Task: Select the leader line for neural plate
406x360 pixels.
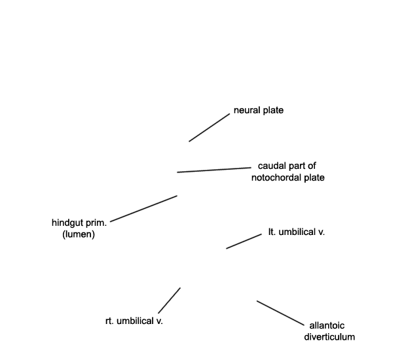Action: (x=209, y=128)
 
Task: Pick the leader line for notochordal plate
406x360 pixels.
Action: (x=214, y=170)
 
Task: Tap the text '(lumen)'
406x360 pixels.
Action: (x=79, y=234)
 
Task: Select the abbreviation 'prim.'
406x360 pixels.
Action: (x=98, y=223)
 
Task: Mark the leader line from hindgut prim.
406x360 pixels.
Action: (x=143, y=209)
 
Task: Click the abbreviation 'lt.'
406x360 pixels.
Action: (x=272, y=232)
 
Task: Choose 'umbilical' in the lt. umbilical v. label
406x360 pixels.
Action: (x=297, y=232)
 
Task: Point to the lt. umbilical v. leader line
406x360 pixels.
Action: (x=244, y=242)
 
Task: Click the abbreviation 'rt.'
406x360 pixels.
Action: (x=109, y=321)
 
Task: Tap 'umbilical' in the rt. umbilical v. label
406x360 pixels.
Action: (x=135, y=321)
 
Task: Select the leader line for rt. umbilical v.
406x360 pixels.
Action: (x=170, y=300)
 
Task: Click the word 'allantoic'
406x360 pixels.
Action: (x=327, y=325)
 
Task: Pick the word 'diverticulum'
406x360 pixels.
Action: (x=329, y=337)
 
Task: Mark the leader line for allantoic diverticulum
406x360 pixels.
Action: (x=280, y=313)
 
